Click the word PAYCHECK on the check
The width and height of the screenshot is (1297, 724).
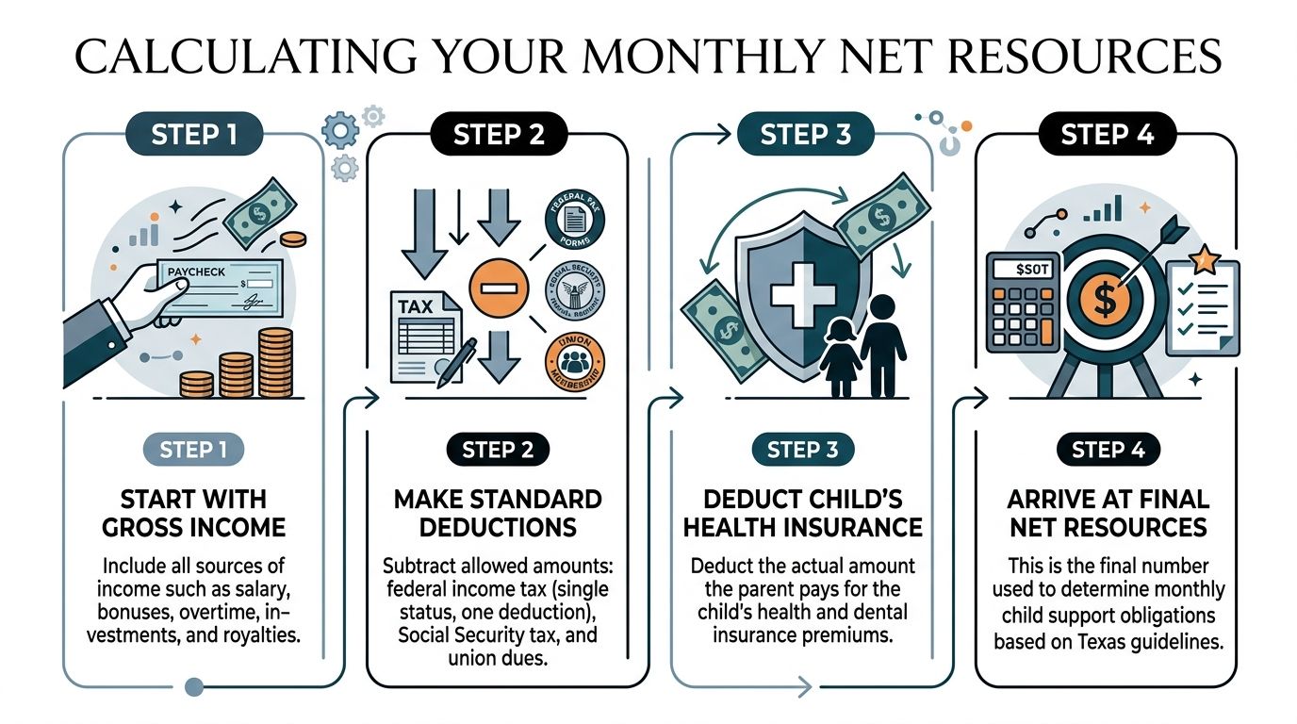195,271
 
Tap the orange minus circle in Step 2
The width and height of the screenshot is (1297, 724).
499,285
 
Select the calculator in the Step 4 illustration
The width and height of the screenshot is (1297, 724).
1022,303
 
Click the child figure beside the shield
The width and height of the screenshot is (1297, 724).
839,359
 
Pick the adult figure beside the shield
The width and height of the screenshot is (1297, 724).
882,344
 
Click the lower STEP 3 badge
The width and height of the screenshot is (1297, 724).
802,450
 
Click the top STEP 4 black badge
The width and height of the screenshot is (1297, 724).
1107,135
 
